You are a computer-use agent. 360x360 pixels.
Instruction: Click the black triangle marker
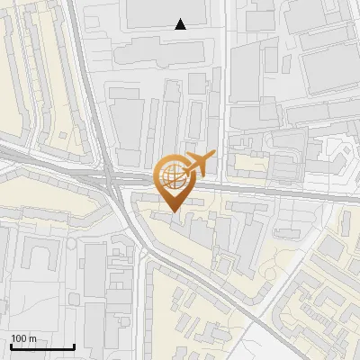click(181, 24)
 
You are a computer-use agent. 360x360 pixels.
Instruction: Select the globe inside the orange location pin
click(172, 174)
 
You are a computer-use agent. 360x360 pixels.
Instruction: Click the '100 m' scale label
click(22, 337)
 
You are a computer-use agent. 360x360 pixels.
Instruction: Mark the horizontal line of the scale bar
click(42, 346)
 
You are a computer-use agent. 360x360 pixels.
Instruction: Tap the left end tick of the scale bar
click(11, 345)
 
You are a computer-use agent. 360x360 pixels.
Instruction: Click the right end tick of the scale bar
click(74, 345)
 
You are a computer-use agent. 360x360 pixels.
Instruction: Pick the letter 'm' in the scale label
click(32, 337)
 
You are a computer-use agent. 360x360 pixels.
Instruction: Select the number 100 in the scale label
click(18, 337)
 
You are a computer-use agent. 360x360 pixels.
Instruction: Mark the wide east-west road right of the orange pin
click(270, 192)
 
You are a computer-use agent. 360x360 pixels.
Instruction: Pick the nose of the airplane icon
click(215, 157)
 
